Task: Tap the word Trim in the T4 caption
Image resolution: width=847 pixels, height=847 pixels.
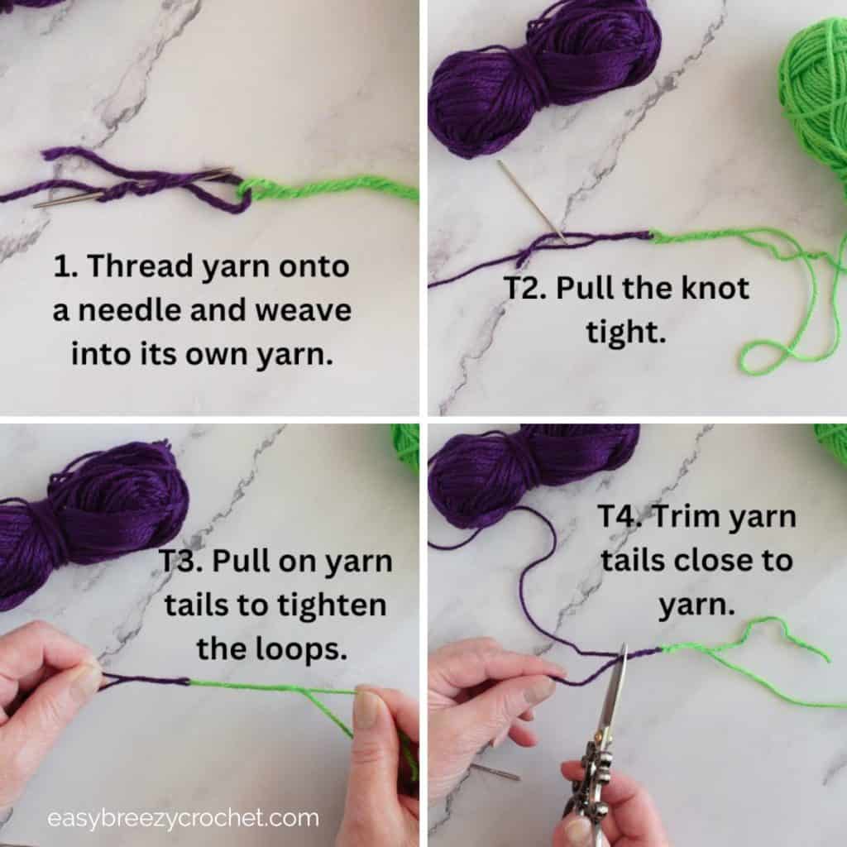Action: [x=687, y=518]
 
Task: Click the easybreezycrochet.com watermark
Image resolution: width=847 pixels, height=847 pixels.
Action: [x=183, y=819]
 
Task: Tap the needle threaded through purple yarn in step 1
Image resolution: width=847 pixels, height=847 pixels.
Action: [x=132, y=187]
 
